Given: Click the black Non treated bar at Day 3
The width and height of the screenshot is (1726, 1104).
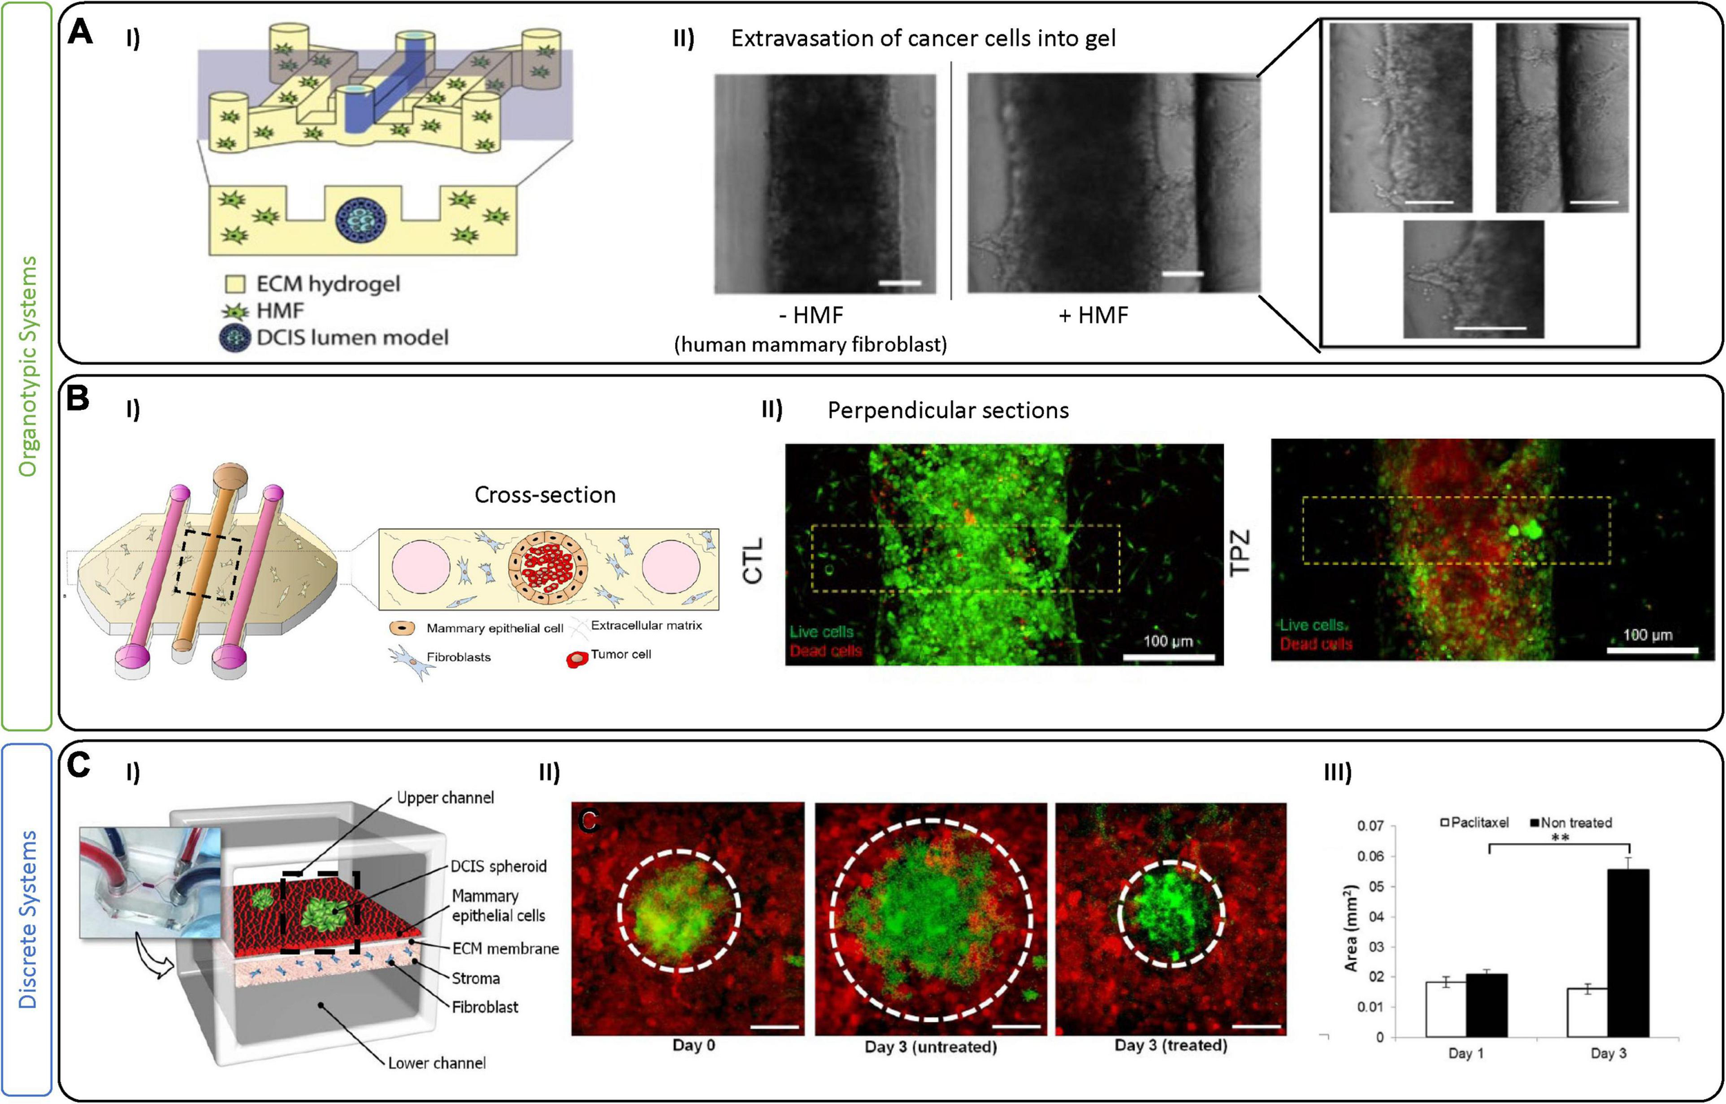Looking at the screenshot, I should (1628, 953).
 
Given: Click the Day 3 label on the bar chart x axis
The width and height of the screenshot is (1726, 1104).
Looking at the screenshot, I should (1609, 1053).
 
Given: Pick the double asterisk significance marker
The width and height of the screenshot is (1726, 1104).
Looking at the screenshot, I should (1560, 838).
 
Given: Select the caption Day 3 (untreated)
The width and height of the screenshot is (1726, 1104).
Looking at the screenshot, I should (931, 1047).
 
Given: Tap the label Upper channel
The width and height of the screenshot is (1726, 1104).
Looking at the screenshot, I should (445, 798).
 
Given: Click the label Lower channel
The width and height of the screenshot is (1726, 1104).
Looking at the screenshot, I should (437, 1063).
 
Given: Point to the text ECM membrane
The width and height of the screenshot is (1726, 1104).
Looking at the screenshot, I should (505, 949).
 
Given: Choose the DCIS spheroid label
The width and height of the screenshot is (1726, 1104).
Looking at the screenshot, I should (498, 866).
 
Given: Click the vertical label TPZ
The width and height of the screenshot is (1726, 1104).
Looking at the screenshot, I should (1240, 552).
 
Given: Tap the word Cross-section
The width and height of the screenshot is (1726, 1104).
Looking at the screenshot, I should (545, 495).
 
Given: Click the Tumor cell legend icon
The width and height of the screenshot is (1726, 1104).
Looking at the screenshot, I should (577, 658).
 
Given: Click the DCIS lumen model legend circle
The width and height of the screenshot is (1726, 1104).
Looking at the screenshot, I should (235, 337).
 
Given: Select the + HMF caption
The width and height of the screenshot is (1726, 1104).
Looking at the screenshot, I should (1094, 315).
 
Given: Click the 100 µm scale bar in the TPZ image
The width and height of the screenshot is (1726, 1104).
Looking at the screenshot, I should (1652, 650).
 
